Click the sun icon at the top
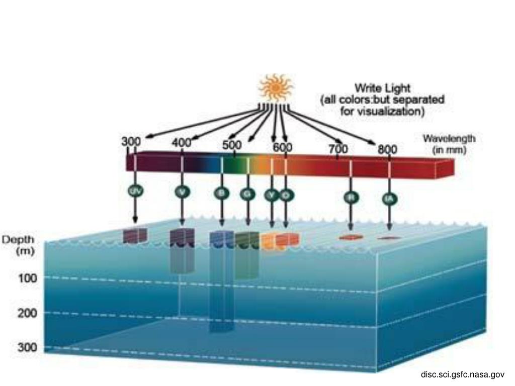[276, 88]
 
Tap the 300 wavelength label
[131, 142]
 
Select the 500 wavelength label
[232, 145]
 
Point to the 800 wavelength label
[388, 149]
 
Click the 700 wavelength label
[338, 149]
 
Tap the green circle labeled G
[247, 194]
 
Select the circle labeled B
[221, 194]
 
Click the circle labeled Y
[272, 195]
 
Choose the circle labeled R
[351, 198]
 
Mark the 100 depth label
[28, 277]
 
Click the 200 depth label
[28, 313]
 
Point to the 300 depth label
[28, 347]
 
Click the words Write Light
[382, 88]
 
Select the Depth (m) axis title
[19, 245]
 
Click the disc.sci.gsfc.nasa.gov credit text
[462, 374]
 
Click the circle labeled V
[182, 191]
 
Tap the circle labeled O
[285, 195]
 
